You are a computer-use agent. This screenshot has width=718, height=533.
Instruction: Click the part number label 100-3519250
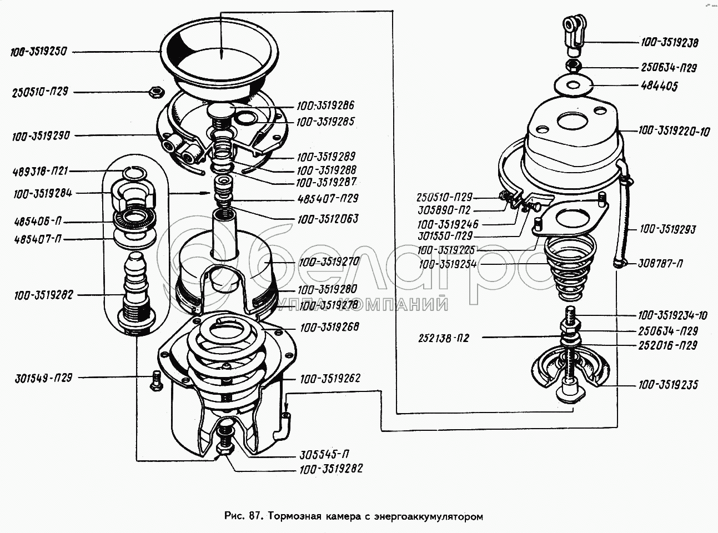[x=38, y=52]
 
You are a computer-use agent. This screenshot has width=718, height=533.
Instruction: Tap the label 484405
[x=659, y=87]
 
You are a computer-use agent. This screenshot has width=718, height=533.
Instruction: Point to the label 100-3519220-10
[x=674, y=132]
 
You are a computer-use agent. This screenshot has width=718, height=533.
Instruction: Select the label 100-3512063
[x=327, y=218]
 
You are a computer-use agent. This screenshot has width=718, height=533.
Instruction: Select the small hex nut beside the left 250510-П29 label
[x=156, y=90]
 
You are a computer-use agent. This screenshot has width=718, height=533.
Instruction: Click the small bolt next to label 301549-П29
[x=155, y=380]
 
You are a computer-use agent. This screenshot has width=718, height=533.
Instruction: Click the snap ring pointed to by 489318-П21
[x=133, y=174]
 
